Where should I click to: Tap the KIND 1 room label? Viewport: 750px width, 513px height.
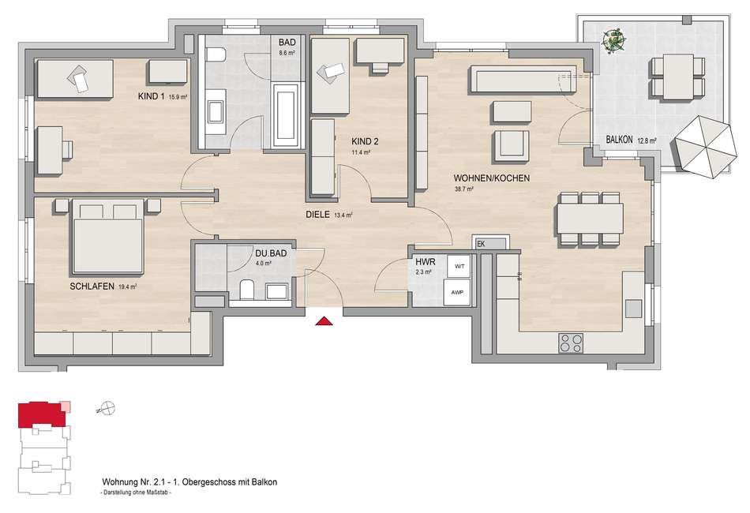point(151,96)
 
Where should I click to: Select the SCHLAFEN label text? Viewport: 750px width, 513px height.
point(92,286)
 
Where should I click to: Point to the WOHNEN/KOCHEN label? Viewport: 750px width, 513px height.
point(492,178)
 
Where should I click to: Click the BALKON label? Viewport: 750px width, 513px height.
point(620,140)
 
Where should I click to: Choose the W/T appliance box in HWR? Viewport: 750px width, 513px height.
point(459,266)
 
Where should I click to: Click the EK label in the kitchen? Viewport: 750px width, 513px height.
point(482,244)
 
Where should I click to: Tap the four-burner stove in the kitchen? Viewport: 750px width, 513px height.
point(571,343)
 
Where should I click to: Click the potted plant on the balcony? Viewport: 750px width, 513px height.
point(613,40)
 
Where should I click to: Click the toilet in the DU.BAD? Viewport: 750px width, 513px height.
point(247,289)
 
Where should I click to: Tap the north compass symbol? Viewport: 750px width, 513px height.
point(107,409)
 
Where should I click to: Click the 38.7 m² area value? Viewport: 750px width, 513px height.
point(463,189)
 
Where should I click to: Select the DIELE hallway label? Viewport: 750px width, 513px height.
point(317,215)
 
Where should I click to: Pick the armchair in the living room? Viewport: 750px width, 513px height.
point(512,146)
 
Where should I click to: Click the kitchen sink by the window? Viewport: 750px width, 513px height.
point(634,309)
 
